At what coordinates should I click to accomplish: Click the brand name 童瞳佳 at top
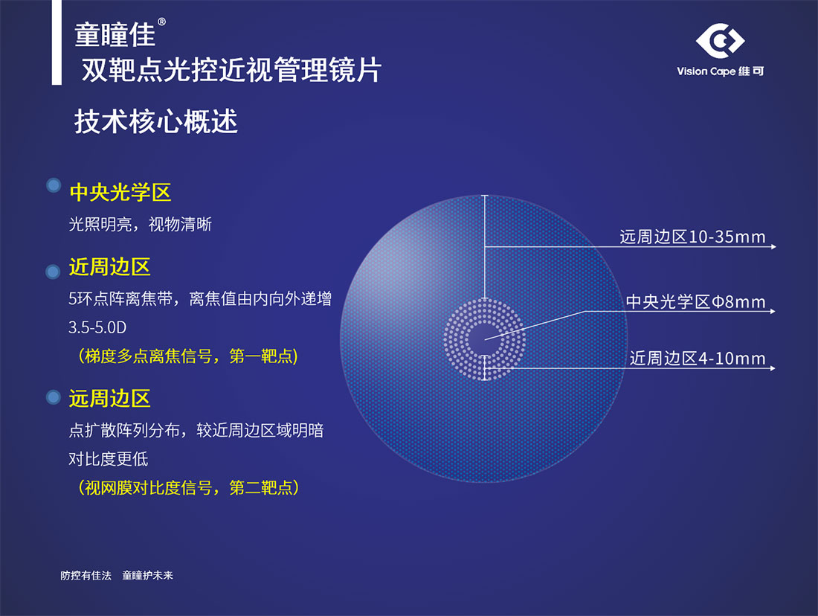coord(115,35)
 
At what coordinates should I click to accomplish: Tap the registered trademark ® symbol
coord(161,22)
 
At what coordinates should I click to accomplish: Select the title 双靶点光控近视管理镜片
coord(231,70)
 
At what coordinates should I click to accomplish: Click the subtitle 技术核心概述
coord(156,121)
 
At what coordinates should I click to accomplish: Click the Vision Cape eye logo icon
coord(720,41)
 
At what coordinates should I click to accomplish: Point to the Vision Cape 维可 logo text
coord(721,71)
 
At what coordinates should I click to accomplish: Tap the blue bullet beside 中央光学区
coord(54,185)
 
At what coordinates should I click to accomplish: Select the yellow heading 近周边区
coord(109,267)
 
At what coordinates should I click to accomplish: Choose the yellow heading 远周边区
coord(109,398)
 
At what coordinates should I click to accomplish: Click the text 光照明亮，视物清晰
coord(141,225)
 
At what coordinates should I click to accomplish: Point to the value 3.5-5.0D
coord(97,327)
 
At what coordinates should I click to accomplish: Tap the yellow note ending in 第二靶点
coord(188,487)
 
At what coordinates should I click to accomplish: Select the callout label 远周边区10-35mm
coord(692,237)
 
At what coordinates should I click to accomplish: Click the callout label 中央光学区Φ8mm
coord(695,302)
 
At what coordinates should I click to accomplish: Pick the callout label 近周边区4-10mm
coord(698,358)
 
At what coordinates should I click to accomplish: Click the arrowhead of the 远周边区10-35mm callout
coord(773,246)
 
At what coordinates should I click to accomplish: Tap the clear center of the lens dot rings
coord(485,339)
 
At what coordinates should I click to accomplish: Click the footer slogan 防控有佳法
coord(86,575)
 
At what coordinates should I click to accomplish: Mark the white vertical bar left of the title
coord(57,42)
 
